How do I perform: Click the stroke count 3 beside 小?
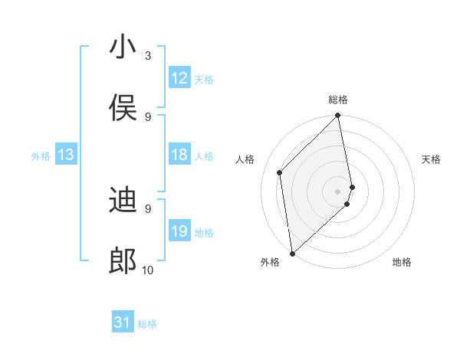148,55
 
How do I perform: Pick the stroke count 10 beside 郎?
148,270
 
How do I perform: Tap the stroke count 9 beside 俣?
148,116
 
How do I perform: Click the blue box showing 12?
179,78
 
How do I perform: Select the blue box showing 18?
179,155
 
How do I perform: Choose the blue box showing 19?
179,231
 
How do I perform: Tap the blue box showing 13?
66,155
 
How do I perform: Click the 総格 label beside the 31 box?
147,324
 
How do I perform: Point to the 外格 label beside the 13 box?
41,156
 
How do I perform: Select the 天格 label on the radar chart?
432,159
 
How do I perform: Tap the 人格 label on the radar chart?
245,159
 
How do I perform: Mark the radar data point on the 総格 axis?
338,116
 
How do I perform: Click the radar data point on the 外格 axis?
292,253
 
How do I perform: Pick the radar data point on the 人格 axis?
280,172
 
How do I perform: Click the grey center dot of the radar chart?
338,190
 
